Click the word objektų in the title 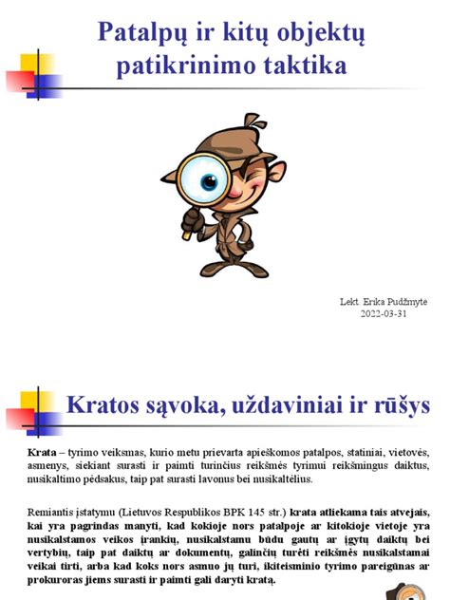(x=320, y=36)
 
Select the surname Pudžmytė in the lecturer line (x=402, y=302)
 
